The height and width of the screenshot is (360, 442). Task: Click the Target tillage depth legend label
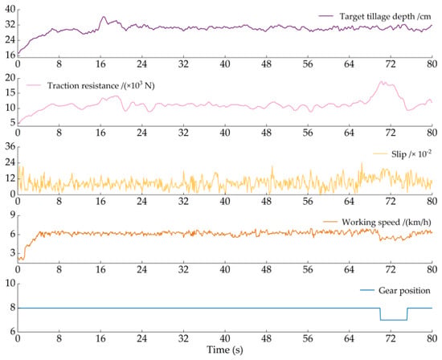(385, 16)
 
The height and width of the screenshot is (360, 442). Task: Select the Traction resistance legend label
(100, 85)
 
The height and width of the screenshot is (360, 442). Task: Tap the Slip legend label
(411, 154)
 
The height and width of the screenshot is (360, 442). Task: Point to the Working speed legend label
(387, 222)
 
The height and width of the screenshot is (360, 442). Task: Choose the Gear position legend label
(404, 291)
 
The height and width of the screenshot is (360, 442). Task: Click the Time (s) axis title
(225, 350)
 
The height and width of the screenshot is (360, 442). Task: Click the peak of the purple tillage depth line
(104, 17)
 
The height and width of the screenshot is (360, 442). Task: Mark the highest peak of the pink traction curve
(381, 81)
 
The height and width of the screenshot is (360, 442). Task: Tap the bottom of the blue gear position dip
(394, 320)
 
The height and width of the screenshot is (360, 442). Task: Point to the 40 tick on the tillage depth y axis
(10, 10)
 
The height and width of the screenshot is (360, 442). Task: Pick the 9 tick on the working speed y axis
(13, 215)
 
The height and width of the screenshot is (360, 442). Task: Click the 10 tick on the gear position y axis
(10, 284)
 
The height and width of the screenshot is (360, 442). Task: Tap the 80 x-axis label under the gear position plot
(432, 338)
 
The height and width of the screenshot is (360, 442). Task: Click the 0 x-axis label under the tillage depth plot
(18, 64)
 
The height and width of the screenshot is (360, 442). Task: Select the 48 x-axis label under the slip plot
(266, 201)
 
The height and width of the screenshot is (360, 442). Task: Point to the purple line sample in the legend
(325, 16)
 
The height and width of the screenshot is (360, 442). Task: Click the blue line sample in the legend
(367, 290)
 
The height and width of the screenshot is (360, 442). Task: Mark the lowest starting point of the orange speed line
(23, 260)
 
